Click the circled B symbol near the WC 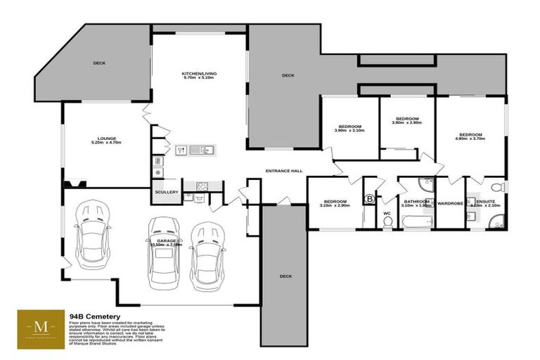[x=370, y=200]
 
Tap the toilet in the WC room [x=387, y=221]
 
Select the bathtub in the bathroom [x=414, y=222]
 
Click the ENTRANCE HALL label [x=283, y=171]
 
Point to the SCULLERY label [x=167, y=192]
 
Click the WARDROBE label [x=449, y=204]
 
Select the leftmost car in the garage [x=92, y=230]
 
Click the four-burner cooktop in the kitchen [x=202, y=187]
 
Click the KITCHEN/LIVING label [x=199, y=74]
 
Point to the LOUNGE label [x=107, y=139]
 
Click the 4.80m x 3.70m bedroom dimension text [x=470, y=139]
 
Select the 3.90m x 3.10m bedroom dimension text [x=349, y=131]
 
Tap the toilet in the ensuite [x=496, y=187]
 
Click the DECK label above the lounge [x=99, y=63]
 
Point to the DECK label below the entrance [x=285, y=276]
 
